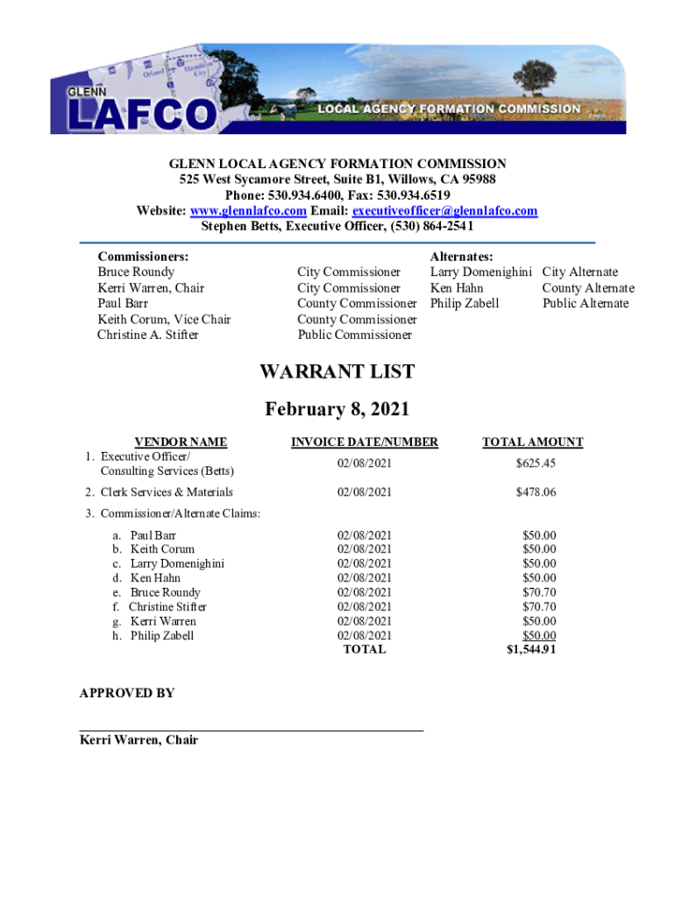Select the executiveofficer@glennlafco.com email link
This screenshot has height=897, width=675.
pos(444,211)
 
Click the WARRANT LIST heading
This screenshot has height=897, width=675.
pos(337,372)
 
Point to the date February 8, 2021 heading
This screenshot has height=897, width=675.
pos(337,409)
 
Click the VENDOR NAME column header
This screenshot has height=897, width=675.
pos(180,442)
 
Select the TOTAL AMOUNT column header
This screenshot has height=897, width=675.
pos(532,442)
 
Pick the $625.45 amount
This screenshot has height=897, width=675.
pos(536,463)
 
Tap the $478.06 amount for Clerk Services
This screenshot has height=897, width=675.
pos(536,492)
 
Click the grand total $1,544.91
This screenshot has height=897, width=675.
pos(531,650)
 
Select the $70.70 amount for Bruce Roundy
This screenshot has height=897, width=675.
pos(539,592)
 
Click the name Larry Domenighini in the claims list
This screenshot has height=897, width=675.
pos(177,563)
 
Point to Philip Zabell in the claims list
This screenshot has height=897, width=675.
pos(162,635)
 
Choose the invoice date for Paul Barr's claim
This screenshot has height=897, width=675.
pos(365,535)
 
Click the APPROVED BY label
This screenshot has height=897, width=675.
pos(126,693)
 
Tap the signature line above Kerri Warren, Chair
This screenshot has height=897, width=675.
pos(251,730)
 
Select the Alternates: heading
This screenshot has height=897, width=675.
pos(461,257)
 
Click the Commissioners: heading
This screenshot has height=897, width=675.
pos(143,257)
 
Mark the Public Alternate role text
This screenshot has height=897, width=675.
pos(585,303)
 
